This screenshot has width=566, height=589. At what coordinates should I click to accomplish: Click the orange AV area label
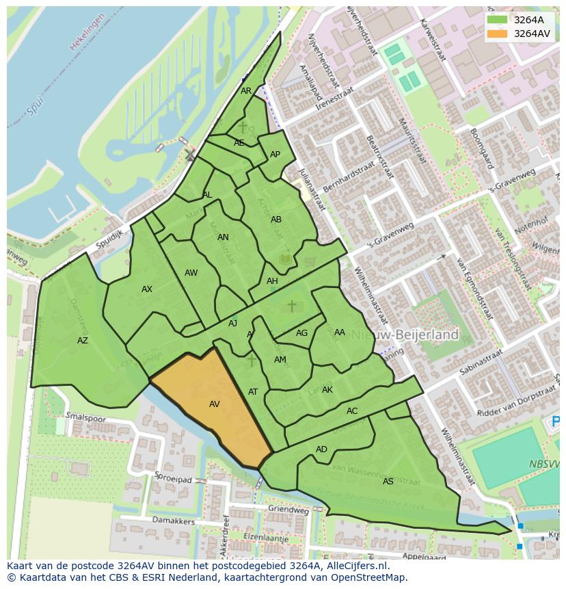click(x=214, y=404)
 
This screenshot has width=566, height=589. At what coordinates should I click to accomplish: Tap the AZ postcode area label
click(x=83, y=341)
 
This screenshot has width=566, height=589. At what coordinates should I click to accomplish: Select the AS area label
click(x=388, y=482)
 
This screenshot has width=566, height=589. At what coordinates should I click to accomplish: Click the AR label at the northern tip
click(x=246, y=91)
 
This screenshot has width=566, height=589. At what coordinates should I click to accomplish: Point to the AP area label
click(x=275, y=155)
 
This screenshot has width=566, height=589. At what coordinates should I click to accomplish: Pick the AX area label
click(x=147, y=289)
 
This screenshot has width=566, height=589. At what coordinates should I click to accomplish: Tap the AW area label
click(x=191, y=273)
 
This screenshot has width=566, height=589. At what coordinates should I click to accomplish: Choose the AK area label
click(x=327, y=390)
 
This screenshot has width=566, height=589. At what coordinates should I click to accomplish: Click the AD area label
click(x=321, y=449)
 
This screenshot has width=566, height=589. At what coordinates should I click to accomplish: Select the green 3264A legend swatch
click(x=497, y=20)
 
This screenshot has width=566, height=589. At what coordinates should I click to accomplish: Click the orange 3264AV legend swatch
click(x=497, y=34)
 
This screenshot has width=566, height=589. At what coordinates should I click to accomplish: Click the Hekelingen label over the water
click(x=87, y=31)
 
